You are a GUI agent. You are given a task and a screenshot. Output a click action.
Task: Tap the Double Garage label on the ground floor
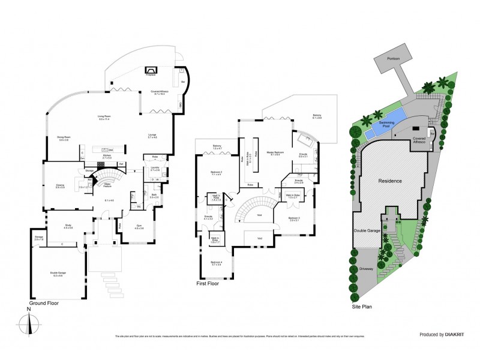tap(58, 273)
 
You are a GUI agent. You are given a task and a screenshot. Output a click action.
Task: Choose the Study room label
tap(68, 226)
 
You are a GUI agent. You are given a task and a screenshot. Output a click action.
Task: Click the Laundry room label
tap(154, 169)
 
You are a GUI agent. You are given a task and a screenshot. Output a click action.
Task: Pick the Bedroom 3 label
tap(293, 218)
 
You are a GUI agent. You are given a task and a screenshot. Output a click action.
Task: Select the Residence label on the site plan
tap(389, 179)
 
